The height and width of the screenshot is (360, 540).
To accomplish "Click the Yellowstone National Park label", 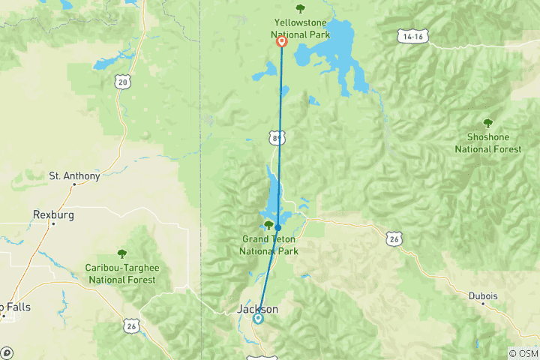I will (x=300, y=28).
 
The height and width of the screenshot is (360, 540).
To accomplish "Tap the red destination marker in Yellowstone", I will (x=282, y=43).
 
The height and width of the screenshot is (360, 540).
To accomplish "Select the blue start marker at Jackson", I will (x=258, y=318).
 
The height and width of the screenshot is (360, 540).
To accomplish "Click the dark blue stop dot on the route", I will (x=277, y=227).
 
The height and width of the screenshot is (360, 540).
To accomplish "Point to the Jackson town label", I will (x=257, y=309).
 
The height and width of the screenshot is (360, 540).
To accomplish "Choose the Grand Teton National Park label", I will (x=268, y=245).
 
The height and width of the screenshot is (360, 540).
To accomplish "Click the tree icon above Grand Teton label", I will (x=268, y=225).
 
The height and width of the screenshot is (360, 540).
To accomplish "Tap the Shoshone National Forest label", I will (x=487, y=143).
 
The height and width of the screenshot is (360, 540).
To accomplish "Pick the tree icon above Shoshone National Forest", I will (x=487, y=123).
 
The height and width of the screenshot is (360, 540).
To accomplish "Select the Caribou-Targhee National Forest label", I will (x=122, y=274).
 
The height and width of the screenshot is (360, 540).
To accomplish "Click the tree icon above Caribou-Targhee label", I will (x=122, y=254).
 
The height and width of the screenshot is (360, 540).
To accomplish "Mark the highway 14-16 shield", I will (x=413, y=36).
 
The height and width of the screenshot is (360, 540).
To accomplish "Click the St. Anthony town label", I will (x=74, y=176).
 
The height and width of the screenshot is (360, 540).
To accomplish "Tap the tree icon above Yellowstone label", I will (x=300, y=9).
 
